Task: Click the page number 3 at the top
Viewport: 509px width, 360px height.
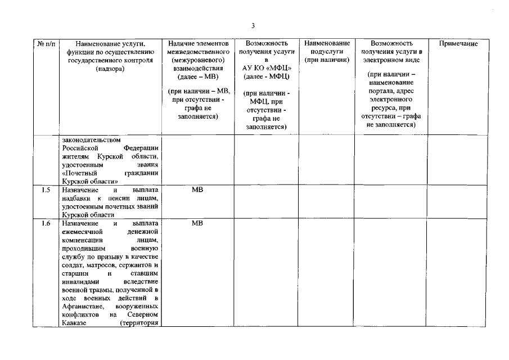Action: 254,25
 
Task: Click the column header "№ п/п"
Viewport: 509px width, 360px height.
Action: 45,43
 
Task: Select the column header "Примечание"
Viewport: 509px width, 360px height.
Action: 458,43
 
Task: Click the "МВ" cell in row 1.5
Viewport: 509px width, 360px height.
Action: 197,190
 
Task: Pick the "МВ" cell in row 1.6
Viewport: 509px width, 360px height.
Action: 197,223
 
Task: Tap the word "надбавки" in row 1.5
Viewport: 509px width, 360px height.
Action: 76,198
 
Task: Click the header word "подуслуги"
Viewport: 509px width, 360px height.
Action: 327,51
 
